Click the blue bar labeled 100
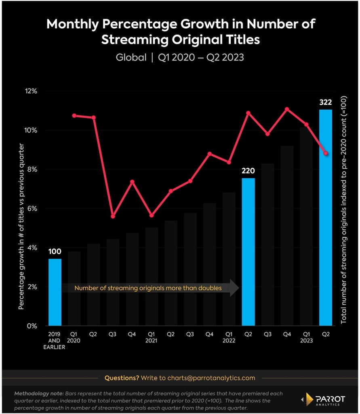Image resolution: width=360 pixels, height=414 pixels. coord(55,292)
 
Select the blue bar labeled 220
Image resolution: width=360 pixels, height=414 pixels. coord(248,252)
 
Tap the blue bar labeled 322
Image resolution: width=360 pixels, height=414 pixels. coord(326,218)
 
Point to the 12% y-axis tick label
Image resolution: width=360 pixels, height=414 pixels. coord(31,91)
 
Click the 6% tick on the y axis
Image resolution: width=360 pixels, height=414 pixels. coord(32,209)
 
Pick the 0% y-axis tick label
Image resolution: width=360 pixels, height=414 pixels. coord(32,326)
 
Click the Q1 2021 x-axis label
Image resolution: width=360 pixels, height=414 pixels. coord(152,338)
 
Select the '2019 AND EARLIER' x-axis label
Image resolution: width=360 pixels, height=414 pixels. coord(55,340)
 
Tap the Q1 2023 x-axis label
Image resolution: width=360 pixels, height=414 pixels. coord(306,338)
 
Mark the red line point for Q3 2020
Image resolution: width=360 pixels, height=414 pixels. coord(113,216)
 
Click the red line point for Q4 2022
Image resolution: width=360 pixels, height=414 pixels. coord(287,109)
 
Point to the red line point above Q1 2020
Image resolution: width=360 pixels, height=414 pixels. coord(74,116)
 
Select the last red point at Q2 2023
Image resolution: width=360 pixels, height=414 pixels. coord(326,153)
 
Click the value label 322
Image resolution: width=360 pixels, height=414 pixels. coord(326,102)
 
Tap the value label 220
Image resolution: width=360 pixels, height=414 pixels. coord(248,171)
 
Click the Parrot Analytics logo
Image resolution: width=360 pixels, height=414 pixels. coord(324,400)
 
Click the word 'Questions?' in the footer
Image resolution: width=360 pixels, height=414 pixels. coord(122,378)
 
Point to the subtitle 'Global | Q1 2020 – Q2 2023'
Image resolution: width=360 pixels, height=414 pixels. coord(180,57)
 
